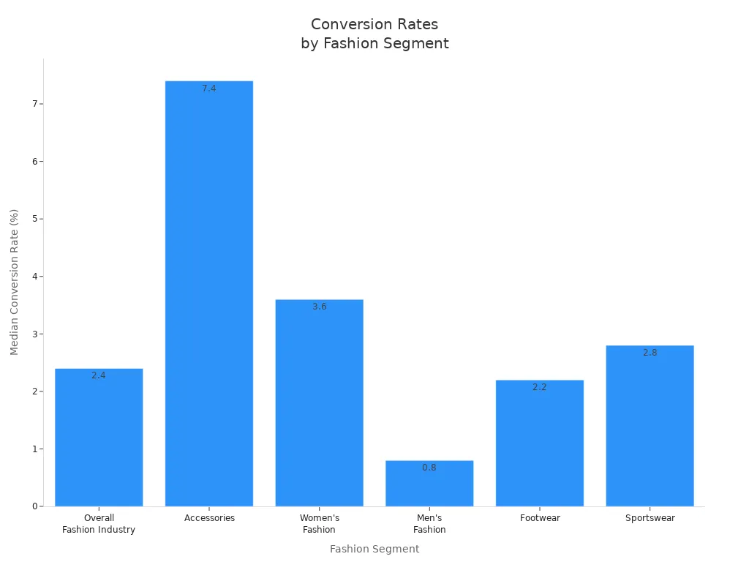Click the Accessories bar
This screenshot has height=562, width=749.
(209, 293)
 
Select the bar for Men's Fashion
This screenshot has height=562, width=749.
(429, 484)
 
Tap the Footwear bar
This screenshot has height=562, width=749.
(540, 443)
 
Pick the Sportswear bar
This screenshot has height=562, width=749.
(650, 426)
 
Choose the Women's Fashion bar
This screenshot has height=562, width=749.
(319, 402)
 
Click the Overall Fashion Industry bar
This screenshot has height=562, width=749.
(99, 437)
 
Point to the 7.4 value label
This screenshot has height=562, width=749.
(209, 89)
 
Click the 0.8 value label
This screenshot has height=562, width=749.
(429, 468)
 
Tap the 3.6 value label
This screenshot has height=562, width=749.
(319, 307)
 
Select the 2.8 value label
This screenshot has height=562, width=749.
(650, 353)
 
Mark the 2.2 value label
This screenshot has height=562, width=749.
(540, 387)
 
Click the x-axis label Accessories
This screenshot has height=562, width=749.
(209, 518)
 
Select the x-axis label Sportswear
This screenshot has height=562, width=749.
(650, 518)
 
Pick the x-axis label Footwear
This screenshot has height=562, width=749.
(540, 518)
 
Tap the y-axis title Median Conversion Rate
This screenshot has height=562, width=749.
(15, 282)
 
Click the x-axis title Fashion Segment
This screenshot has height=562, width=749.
(374, 549)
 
